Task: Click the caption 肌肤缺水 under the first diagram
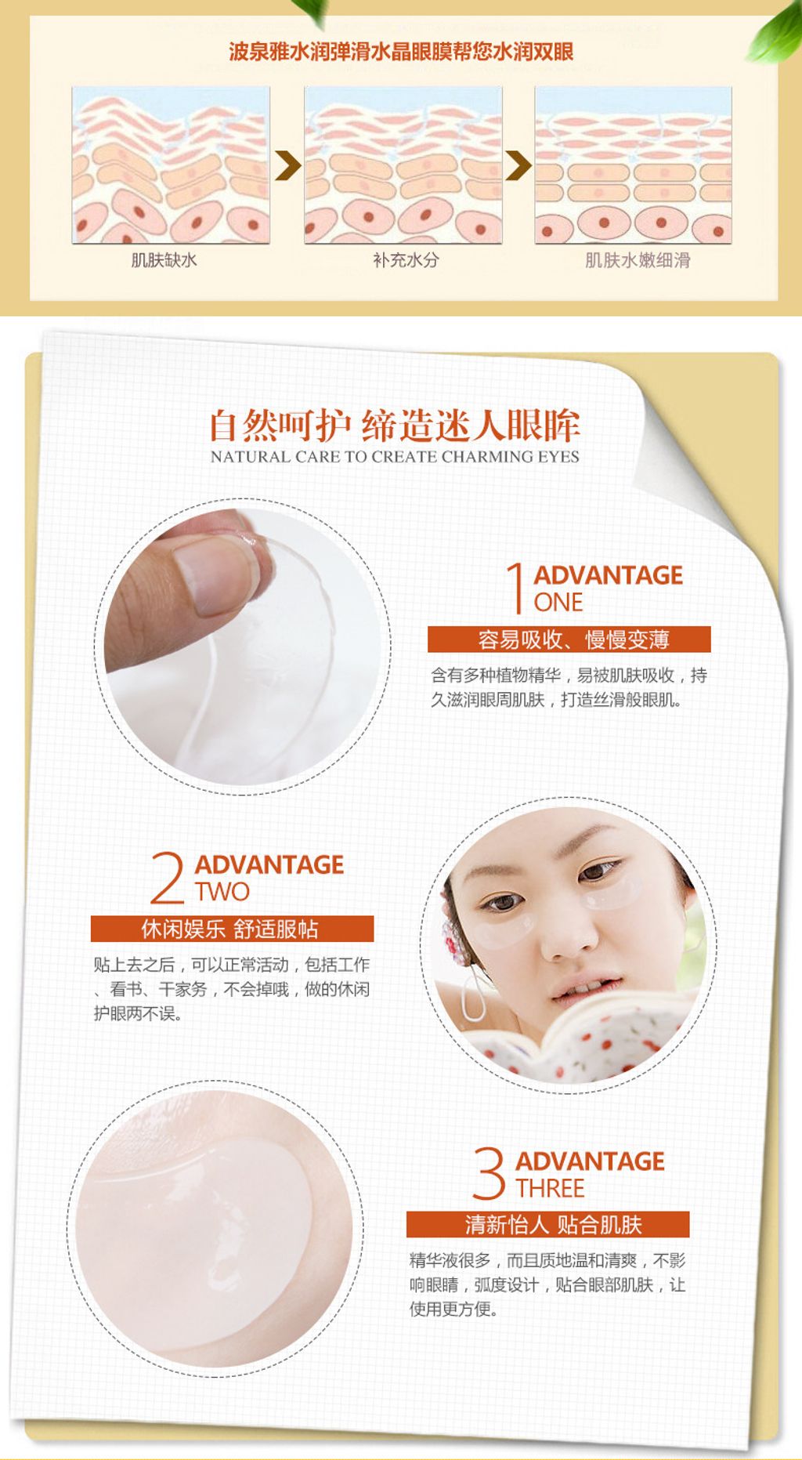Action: coord(164,260)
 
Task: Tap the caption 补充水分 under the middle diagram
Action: coord(406,260)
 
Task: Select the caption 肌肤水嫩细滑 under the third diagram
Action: coord(638,260)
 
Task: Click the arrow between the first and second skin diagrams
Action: coord(287,165)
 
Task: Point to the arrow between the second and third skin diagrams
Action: coord(518,165)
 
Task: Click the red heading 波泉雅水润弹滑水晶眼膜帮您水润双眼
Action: coord(401,52)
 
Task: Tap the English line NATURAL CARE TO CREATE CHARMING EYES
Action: coord(395,456)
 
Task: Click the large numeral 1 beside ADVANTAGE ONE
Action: coord(515,588)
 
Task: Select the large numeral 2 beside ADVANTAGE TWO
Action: coord(168,878)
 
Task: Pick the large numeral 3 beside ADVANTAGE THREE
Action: coord(489,1173)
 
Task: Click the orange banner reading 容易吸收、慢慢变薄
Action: coord(569,639)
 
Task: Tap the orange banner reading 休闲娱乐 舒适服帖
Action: coord(232,929)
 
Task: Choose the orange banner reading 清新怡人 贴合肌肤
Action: coord(548,1224)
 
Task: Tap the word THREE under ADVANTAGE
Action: coord(550,1188)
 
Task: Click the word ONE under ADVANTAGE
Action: coord(558,602)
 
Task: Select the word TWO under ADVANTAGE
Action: coord(222,891)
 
